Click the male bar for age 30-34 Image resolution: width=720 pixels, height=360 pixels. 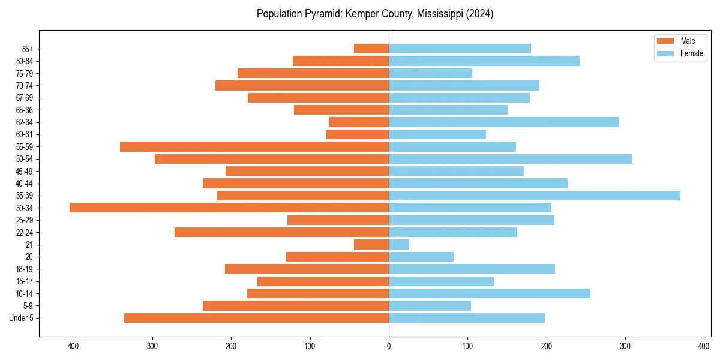(x=229, y=208)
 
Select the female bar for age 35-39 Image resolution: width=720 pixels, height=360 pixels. (x=535, y=196)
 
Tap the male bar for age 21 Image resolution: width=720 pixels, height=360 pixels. (x=371, y=245)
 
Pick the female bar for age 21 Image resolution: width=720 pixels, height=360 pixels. (x=399, y=245)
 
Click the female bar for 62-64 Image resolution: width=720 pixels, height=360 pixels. (x=504, y=122)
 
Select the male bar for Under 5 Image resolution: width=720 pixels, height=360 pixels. (x=256, y=318)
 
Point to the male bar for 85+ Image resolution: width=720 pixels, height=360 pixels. (x=371, y=49)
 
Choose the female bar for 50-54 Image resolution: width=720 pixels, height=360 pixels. (x=511, y=159)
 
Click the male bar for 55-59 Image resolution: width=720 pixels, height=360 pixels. (x=254, y=147)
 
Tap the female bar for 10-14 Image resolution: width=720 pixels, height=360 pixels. (x=490, y=293)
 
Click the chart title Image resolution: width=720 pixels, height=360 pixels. (x=375, y=14)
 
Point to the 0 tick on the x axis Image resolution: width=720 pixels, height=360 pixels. (x=389, y=346)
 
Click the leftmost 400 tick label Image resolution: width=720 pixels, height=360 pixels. (x=74, y=346)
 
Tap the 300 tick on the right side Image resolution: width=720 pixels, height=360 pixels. (x=625, y=346)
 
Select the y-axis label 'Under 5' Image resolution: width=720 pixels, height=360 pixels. (x=22, y=318)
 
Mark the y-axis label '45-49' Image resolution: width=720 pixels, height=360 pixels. (x=25, y=171)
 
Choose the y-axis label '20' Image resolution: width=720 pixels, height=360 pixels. (x=29, y=257)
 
